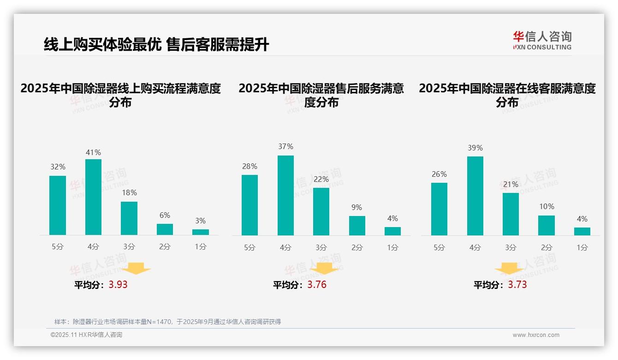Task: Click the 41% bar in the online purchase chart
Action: [x=94, y=197]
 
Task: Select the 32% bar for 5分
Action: [x=58, y=205]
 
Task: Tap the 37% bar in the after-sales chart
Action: [x=285, y=195]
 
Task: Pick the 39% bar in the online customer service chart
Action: [x=475, y=196]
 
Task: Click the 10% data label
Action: [x=547, y=207]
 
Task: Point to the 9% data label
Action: [x=357, y=208]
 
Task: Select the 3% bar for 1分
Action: [x=201, y=232]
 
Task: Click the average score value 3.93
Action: [x=118, y=285]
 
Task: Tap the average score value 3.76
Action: [x=317, y=285]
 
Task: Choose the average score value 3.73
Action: [x=517, y=285]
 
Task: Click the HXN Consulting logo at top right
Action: [x=542, y=40]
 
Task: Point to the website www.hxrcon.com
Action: [x=536, y=335]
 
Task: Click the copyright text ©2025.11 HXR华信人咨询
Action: [x=87, y=335]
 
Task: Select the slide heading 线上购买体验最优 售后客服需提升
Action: [x=156, y=45]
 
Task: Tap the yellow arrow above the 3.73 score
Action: [x=509, y=269]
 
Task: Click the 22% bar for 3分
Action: [x=321, y=211]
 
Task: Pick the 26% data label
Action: [x=439, y=174]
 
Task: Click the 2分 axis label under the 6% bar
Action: [x=165, y=247]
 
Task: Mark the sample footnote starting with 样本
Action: [x=167, y=322]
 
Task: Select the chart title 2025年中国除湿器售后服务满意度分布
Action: [x=321, y=95]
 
